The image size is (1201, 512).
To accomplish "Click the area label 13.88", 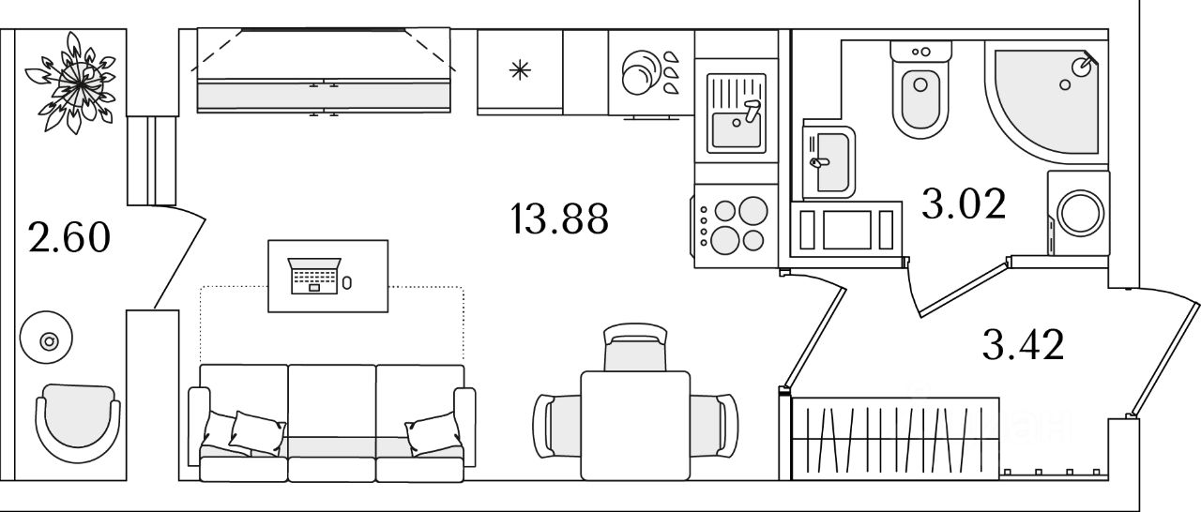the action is [x=559, y=218].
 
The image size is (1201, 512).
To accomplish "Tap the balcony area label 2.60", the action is [x=69, y=237].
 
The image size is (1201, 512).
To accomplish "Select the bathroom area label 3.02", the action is [x=964, y=204].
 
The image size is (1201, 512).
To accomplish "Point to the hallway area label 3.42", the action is [x=1023, y=345].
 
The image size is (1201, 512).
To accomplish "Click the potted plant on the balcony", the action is [x=75, y=83].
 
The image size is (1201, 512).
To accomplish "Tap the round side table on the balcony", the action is [x=46, y=338].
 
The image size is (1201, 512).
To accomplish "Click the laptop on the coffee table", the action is [x=314, y=276].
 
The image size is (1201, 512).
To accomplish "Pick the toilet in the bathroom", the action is [x=920, y=90].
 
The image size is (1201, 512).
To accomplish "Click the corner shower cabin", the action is [x=1045, y=102].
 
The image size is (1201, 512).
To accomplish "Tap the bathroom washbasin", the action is [x=829, y=162].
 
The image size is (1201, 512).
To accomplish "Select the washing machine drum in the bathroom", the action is [x=1080, y=213].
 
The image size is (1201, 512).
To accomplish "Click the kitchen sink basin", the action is [x=737, y=129].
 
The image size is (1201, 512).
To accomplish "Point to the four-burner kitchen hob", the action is [x=735, y=225].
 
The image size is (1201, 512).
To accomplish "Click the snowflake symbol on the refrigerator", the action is [x=520, y=70].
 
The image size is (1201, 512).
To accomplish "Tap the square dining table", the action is [x=635, y=425].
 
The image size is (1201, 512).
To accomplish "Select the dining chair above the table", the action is [x=635, y=348].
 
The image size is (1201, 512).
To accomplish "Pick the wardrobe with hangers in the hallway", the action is [x=895, y=438].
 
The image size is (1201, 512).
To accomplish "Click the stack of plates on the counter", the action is [x=640, y=73].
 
